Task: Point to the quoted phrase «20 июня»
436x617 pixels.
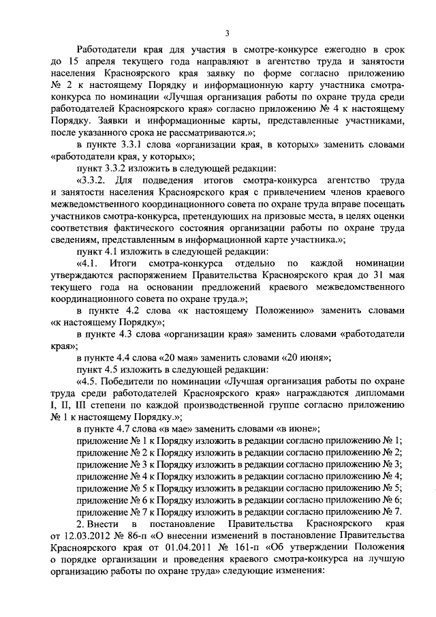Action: point(306,358)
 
